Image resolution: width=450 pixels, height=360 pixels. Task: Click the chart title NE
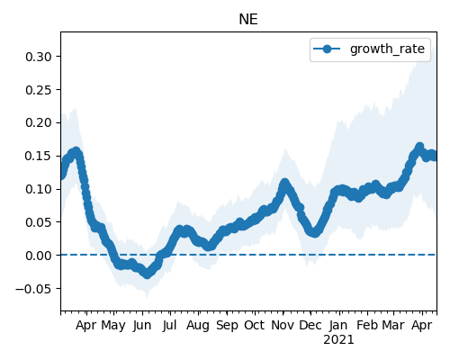[x=248, y=20]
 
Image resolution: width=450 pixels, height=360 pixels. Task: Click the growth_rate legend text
[x=387, y=49]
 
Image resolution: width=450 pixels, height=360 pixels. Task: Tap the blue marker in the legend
[x=327, y=49]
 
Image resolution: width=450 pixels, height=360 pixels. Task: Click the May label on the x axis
[x=113, y=326]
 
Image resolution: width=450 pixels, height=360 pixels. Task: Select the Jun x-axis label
[x=142, y=326]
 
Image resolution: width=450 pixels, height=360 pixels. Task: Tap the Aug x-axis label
[x=198, y=326]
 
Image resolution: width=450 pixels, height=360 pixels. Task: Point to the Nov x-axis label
[x=283, y=325]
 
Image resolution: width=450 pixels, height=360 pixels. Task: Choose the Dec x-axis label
[x=310, y=325]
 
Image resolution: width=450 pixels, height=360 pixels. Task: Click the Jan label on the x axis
[x=338, y=325]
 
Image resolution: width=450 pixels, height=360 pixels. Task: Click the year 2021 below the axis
[x=338, y=340]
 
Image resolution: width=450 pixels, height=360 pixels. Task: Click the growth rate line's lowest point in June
[x=147, y=274]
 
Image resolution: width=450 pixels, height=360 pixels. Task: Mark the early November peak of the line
[x=284, y=183]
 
